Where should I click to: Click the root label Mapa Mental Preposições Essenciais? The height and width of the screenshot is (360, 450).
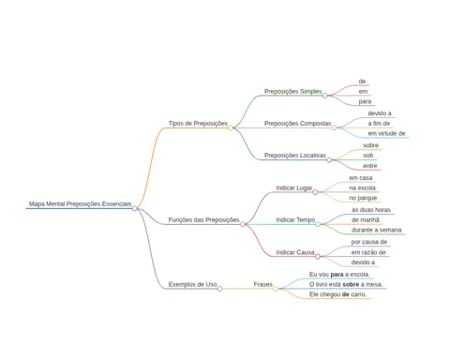point(81,203)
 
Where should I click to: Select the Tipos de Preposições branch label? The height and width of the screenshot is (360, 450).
point(198,124)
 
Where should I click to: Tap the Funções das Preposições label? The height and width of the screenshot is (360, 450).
point(203,220)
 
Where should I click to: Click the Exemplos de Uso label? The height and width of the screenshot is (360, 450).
point(192,284)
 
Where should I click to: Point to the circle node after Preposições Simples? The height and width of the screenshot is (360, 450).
point(324,96)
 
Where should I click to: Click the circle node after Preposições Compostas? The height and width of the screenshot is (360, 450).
point(334,127)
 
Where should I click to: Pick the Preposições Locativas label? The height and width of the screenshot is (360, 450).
point(295,156)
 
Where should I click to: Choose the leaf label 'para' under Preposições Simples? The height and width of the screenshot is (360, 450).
point(365,101)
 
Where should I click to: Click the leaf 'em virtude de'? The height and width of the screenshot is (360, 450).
point(386,133)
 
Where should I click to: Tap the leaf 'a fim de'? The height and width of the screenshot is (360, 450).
point(379,124)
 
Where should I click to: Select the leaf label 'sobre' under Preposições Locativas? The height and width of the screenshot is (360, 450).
point(370,145)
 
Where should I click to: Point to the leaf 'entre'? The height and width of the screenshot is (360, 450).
point(370,166)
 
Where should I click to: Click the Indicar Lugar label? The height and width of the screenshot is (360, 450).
point(294,187)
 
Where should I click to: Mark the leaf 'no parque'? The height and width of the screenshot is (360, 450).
point(363,198)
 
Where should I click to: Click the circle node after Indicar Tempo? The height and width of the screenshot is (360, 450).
point(318,224)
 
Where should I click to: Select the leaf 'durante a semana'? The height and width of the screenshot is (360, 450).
point(376,230)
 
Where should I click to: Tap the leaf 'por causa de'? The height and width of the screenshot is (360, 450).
point(369,242)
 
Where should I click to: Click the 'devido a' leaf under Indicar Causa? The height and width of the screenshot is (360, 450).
point(363,262)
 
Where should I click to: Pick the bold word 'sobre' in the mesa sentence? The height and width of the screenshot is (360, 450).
point(351,284)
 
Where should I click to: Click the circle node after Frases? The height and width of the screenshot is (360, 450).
point(276,289)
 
